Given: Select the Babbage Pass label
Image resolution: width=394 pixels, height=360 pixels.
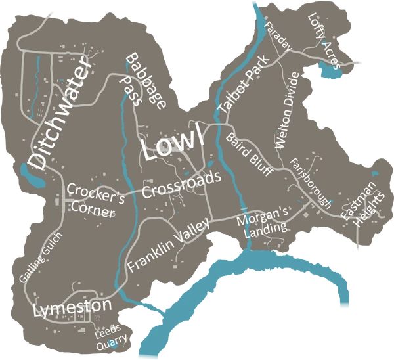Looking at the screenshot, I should coord(144,80).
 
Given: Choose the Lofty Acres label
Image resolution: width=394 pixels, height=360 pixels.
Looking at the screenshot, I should coord(323,41).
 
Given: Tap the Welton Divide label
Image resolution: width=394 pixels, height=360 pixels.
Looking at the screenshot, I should coord(288,110).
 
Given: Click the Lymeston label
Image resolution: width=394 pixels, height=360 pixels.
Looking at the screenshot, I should coord(72,307).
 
